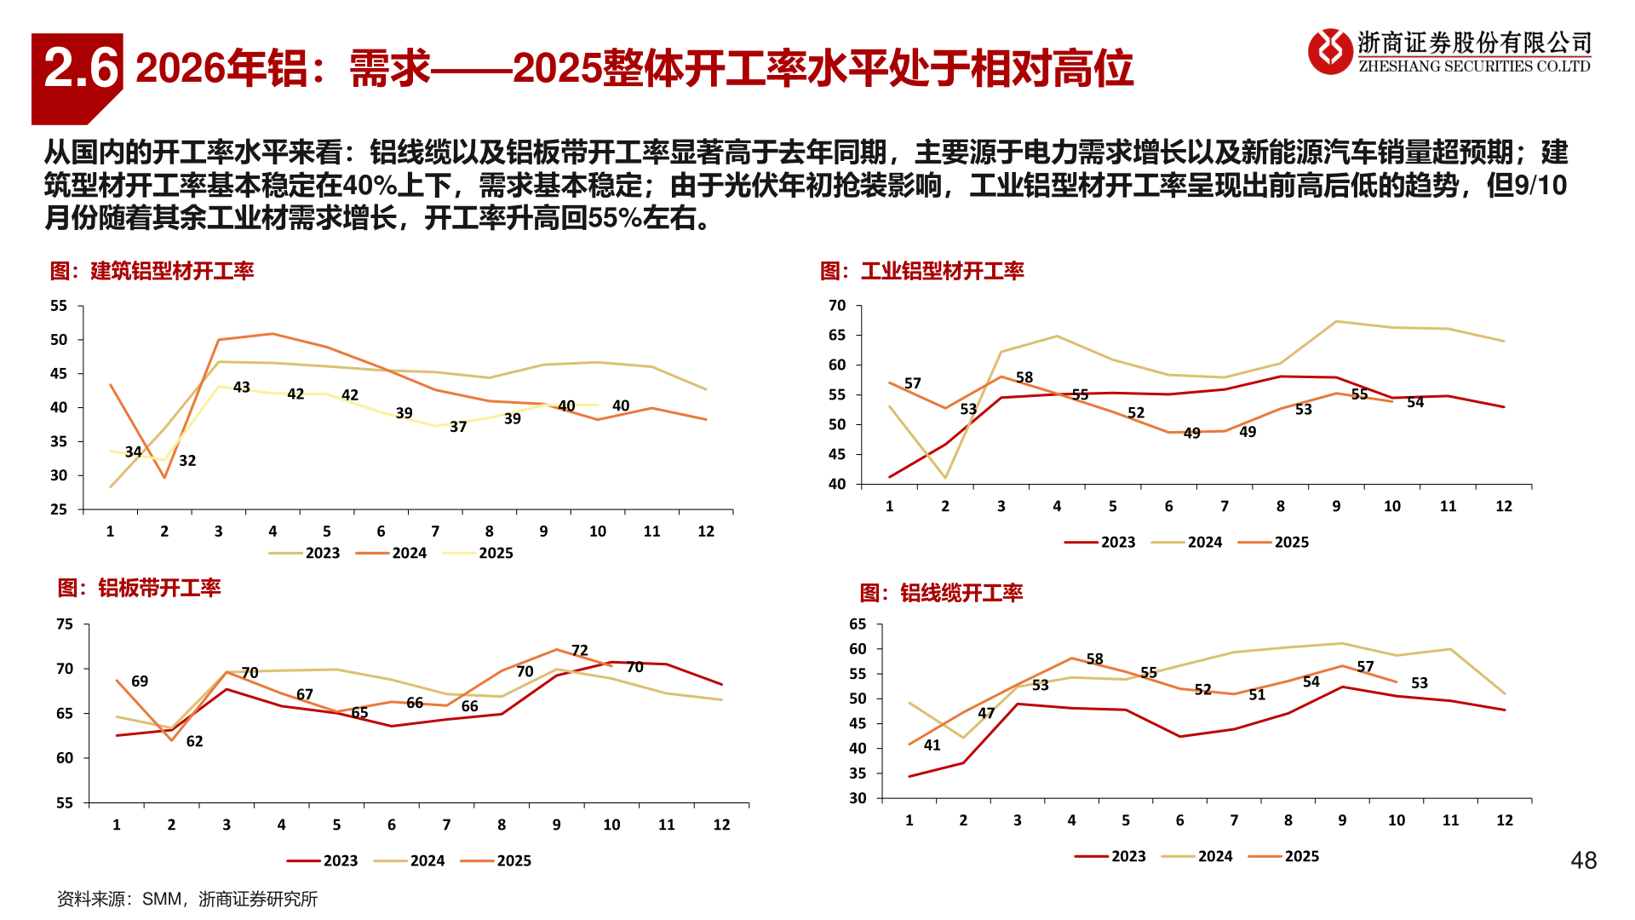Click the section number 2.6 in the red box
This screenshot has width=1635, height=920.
click(80, 69)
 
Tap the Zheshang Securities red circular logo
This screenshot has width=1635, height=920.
click(1330, 51)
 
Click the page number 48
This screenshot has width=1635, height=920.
click(1583, 860)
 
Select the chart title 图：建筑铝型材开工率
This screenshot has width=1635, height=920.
click(152, 271)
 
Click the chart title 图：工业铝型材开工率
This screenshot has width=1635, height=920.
click(921, 271)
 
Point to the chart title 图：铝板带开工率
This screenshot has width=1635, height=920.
click(139, 588)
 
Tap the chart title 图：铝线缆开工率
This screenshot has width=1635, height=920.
click(941, 593)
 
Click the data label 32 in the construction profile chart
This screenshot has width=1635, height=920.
click(187, 461)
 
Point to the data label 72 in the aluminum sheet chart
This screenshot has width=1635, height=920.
click(580, 650)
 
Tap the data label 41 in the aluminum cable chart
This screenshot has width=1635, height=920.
click(932, 745)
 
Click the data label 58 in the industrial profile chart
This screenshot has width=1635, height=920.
click(1024, 377)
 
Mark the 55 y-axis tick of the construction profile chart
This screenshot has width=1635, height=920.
click(58, 306)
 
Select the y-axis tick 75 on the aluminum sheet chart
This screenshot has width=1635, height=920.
click(65, 624)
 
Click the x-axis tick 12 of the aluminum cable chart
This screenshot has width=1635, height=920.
click(1505, 820)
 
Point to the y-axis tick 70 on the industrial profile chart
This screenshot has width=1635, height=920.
click(837, 306)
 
